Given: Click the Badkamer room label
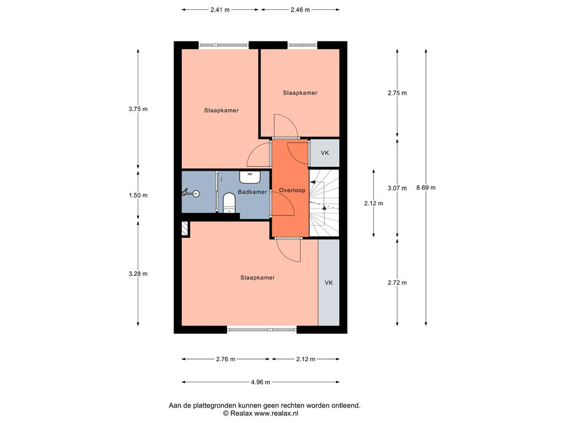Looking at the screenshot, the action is coord(252,192).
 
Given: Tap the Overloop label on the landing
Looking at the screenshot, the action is coord(292,190).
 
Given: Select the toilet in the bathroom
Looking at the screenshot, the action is coord(229,203).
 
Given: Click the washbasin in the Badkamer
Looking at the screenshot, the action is coord(250,177).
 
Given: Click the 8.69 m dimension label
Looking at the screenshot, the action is coord(426,187).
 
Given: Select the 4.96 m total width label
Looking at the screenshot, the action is coord(261,382).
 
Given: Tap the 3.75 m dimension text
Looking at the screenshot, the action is coord(138,109).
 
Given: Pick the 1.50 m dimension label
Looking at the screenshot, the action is coord(138,196).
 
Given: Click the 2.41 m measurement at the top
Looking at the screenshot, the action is coord(220,10).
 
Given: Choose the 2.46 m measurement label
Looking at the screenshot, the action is coord(300,10).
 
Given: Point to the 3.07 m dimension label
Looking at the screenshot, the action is coord(397,188).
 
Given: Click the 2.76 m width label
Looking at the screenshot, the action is coord(225,359).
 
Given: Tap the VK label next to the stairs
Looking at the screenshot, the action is coord(325,153).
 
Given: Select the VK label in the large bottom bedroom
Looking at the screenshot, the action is coord(329,283).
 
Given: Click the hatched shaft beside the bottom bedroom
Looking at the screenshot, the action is coord(185,229).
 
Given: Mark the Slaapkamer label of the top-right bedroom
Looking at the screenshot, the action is coord(300,93).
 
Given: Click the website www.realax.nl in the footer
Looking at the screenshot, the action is coord(276,413).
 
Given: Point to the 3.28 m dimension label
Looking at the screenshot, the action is coord(138,274).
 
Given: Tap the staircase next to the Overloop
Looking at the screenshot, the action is coord(324,203).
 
